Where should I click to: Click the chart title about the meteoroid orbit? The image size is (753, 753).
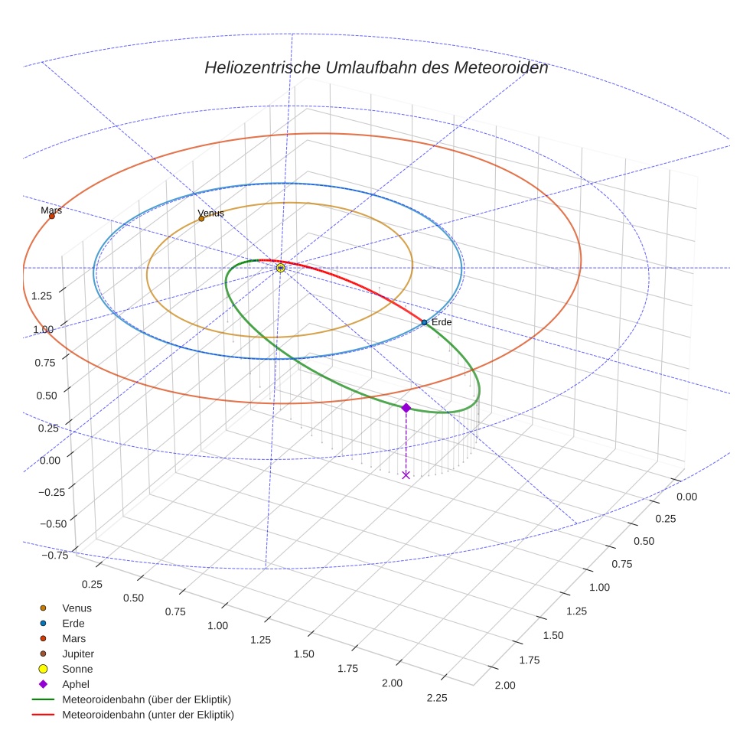coord(376,67)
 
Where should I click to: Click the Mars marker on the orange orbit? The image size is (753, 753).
coord(52,216)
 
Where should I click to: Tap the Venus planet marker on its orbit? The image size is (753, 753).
coord(201,218)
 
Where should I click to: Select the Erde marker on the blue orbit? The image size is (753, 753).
coord(424,322)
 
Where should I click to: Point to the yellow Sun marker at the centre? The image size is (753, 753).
coord(280,268)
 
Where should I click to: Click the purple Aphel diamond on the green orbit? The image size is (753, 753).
coord(406,408)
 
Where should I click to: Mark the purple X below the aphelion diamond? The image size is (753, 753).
coord(406,475)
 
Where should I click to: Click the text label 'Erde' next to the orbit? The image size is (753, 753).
coord(442,322)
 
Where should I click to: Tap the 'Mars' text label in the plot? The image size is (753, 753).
coord(51,210)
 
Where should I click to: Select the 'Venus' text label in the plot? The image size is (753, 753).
coord(210,213)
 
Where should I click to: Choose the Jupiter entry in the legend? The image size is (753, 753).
coord(78,654)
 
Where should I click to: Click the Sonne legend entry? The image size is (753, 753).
coord(77,669)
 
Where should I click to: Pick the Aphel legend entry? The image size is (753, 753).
coord(75,684)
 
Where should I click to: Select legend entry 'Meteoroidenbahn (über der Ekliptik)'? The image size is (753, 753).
coord(146,699)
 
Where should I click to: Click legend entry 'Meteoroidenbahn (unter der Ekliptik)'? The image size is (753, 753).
coord(148,715)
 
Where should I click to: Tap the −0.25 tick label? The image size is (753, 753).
coord(51,491)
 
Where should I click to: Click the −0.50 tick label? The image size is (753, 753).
coord(51,523)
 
